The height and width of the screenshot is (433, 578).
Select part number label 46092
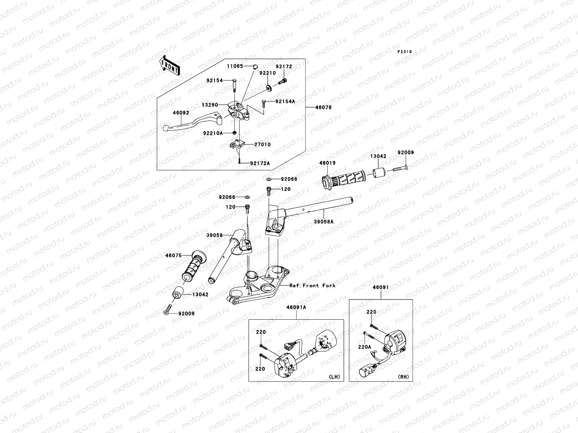point(181,113)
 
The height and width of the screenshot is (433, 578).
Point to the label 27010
point(262,144)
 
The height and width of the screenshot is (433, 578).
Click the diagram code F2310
point(405,52)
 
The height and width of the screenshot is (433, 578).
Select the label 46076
point(323,108)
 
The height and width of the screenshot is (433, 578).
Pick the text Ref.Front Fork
point(312,285)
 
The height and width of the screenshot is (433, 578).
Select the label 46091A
point(296,307)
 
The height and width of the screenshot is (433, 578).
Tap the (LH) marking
point(335,377)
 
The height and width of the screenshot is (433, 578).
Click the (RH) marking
point(403,377)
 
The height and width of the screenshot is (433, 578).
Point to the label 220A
point(365,347)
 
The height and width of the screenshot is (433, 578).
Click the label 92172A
point(260,163)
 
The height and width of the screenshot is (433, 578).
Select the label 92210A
point(212,133)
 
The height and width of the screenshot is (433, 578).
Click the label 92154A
point(285,101)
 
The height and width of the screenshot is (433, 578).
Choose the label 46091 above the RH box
point(381,288)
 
